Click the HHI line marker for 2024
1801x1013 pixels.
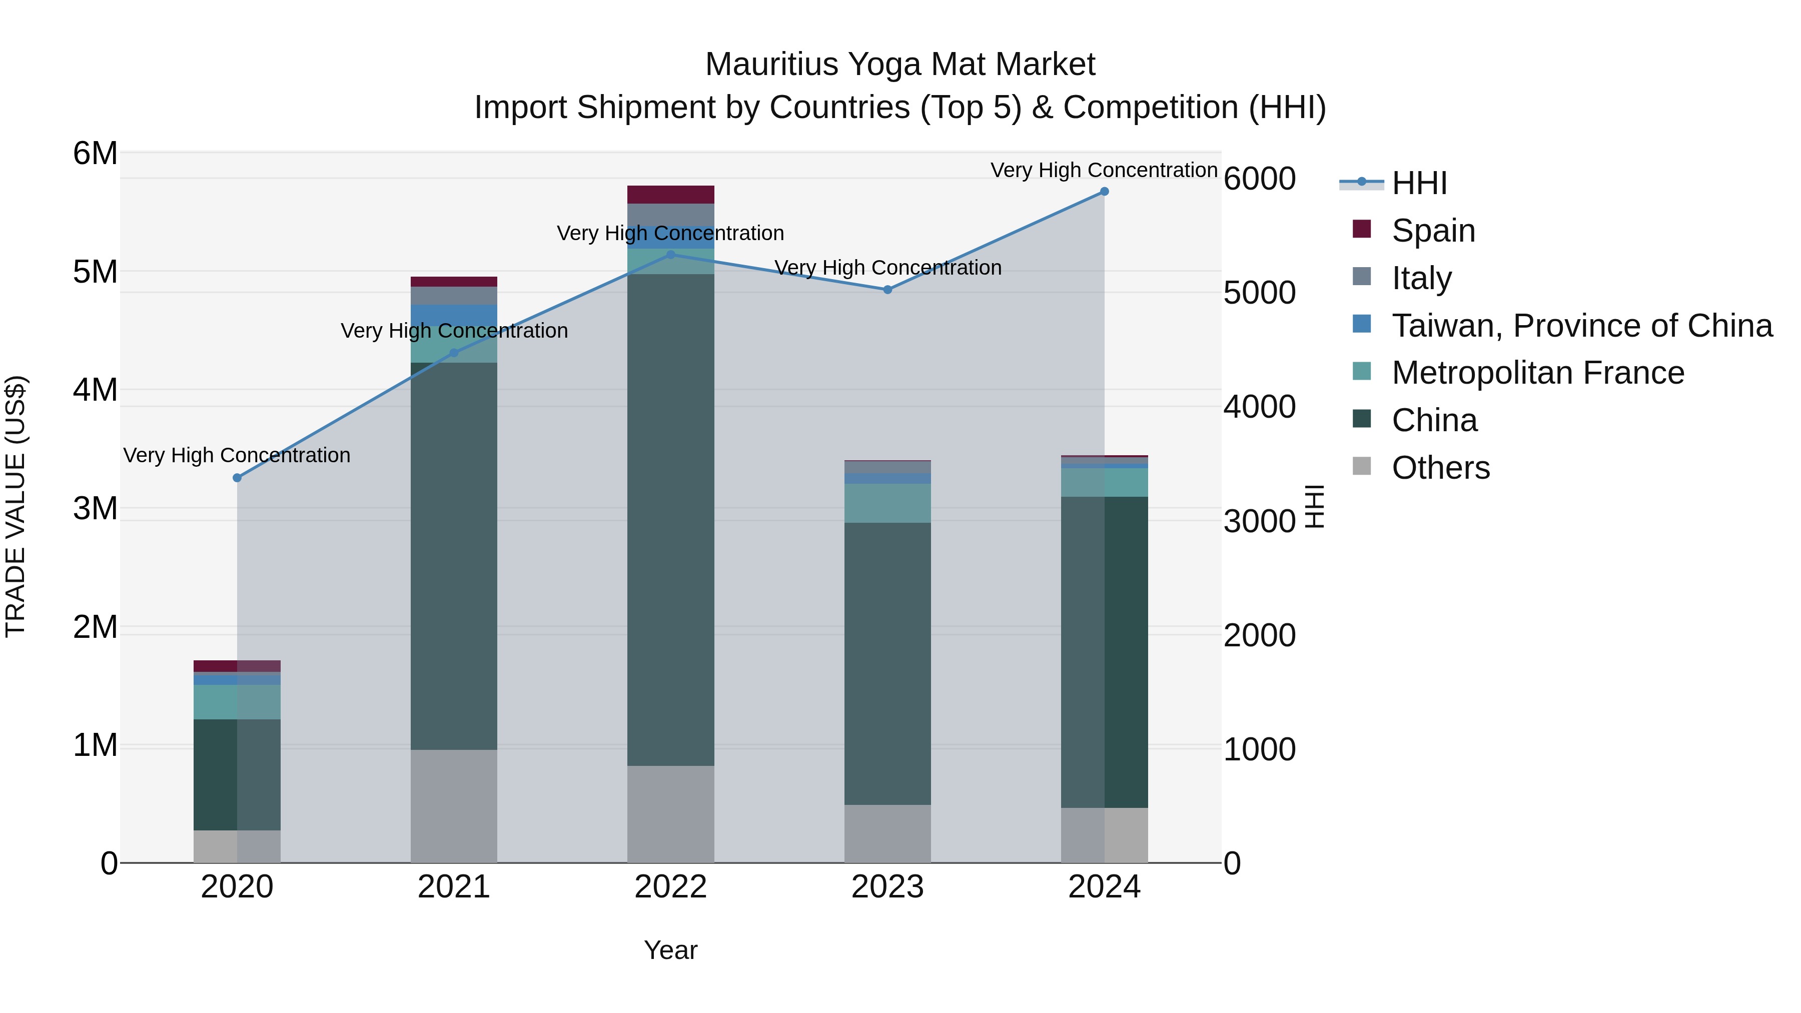click(x=1104, y=191)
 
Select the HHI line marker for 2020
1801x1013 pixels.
click(x=237, y=478)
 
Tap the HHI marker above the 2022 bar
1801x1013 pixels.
click(x=670, y=255)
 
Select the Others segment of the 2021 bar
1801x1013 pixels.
click(x=454, y=806)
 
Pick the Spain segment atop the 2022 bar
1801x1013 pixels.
click(x=670, y=195)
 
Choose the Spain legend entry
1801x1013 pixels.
click(x=1433, y=231)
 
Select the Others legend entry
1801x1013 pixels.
click(x=1440, y=468)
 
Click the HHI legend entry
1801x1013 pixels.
click(x=1419, y=183)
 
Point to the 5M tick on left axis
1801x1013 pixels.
click(x=95, y=272)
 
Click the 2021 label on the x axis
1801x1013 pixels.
click(x=454, y=887)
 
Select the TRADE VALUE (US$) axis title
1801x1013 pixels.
click(x=16, y=506)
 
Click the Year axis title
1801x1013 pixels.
click(x=670, y=950)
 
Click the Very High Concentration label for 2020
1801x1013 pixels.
click(x=237, y=455)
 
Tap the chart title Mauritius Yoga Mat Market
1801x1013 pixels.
click(x=900, y=65)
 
